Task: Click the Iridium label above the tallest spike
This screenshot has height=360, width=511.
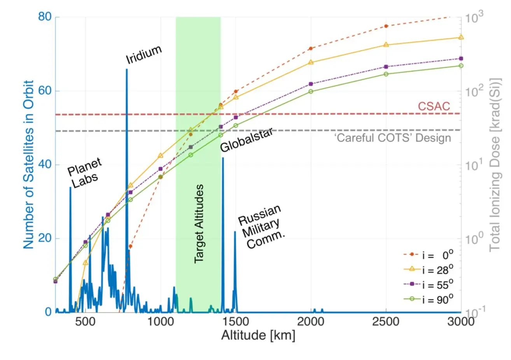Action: [143, 55]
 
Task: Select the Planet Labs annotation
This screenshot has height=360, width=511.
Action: [84, 173]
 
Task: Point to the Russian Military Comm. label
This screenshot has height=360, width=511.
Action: [260, 227]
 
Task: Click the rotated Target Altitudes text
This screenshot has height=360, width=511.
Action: [199, 224]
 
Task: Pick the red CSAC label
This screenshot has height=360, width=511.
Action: [434, 106]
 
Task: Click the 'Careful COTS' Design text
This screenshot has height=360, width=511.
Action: [393, 138]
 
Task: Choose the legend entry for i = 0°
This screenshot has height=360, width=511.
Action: [428, 255]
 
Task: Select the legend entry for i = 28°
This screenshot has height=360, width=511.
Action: [428, 270]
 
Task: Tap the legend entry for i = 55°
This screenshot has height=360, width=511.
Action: [428, 285]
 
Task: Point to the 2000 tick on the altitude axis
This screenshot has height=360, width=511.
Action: [311, 322]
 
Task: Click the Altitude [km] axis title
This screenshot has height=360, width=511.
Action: [258, 335]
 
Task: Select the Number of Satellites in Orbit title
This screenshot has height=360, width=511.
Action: [29, 164]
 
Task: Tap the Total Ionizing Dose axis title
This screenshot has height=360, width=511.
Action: [495, 164]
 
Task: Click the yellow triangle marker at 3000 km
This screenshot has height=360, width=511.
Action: [461, 37]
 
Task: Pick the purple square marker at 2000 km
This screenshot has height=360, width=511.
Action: [311, 84]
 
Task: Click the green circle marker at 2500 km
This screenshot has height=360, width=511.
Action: [386, 74]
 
